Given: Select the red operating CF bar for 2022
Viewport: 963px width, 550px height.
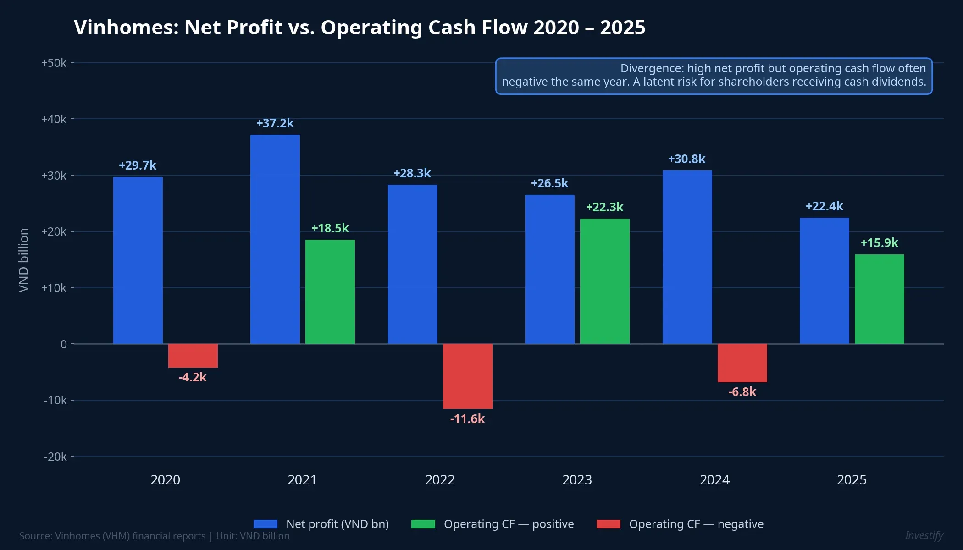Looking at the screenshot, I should pos(467,376).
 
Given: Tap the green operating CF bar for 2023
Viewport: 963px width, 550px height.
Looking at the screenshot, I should pos(604,281).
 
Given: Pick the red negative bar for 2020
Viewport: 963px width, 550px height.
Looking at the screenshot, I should pos(193,356).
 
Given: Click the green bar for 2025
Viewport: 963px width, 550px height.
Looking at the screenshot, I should pos(879,299).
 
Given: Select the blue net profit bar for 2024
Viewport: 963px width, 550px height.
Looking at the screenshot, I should pos(687,257).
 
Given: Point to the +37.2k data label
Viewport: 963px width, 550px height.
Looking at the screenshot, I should pos(275,123).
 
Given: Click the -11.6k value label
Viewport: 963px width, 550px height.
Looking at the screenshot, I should pos(467,419).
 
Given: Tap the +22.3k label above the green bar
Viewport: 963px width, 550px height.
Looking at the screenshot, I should pos(604,207).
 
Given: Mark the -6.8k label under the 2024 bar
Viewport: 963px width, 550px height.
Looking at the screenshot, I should pos(742,392).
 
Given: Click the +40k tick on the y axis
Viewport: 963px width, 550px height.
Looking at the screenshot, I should pos(54,119).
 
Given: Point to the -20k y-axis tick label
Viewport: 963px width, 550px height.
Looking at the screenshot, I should pos(55,456).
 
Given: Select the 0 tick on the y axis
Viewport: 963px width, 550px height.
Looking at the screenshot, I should pos(64,344).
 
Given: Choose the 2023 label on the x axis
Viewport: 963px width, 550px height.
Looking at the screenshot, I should pos(577,480).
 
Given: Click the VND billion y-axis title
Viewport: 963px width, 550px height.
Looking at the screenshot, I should pos(24,260).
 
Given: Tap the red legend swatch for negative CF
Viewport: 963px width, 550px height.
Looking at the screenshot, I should pos(608,524).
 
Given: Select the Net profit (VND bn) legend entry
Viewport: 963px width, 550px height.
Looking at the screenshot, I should pos(337,524).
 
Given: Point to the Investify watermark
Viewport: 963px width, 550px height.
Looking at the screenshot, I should pos(924,535).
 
